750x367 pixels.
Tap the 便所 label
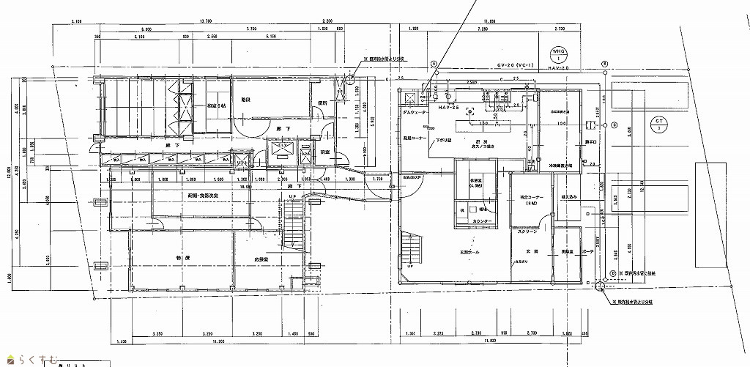pos(322,103)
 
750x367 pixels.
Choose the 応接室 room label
pos(261,259)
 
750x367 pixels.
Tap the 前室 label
pos(325,151)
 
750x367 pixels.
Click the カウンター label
pos(481,220)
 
